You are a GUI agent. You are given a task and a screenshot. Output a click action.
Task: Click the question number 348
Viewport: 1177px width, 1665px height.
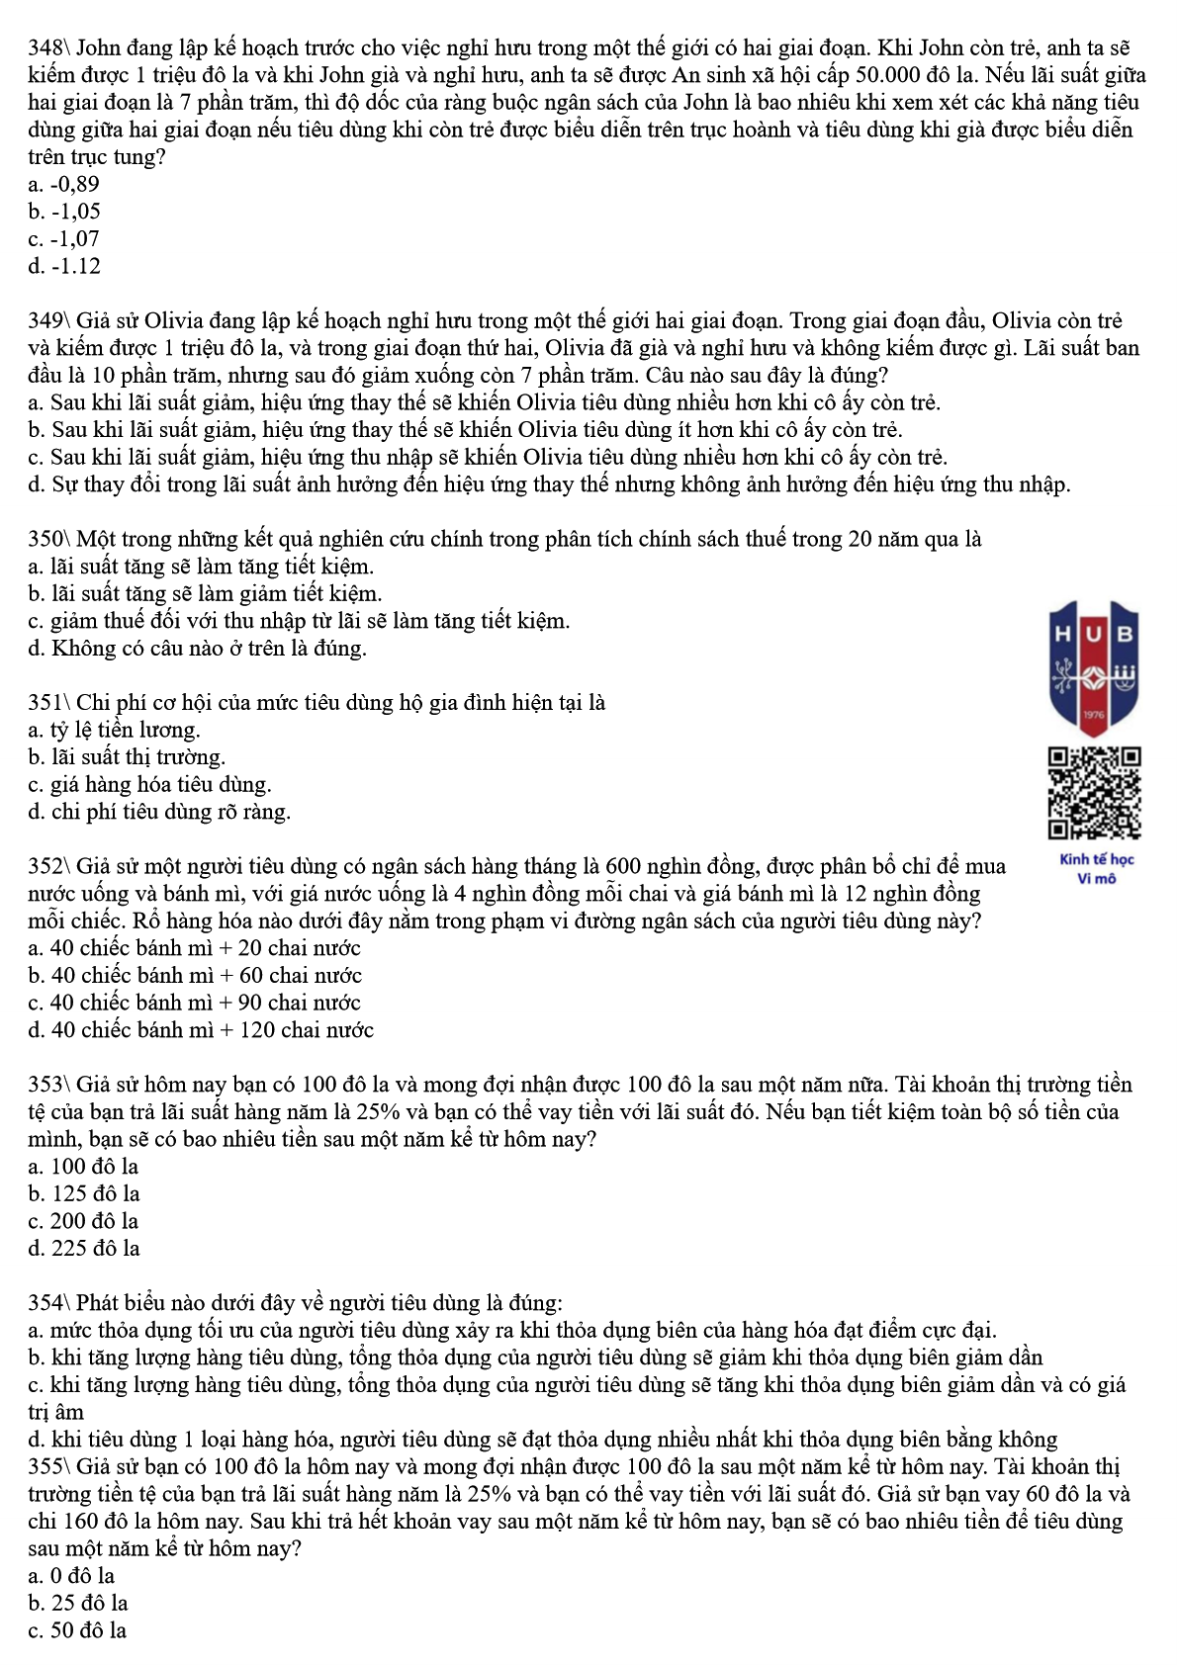[x=45, y=48]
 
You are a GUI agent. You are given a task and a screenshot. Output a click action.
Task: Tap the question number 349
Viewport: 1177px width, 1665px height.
[x=45, y=321]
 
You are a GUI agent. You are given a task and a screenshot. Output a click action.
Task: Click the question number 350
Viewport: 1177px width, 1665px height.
[x=45, y=540]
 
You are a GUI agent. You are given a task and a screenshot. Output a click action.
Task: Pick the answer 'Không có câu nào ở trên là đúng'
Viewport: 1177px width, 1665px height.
[x=198, y=649]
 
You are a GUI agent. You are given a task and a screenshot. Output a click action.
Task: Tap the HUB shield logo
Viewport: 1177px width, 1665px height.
[x=1094, y=667]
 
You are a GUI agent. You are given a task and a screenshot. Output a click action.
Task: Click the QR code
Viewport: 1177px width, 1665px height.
[x=1094, y=793]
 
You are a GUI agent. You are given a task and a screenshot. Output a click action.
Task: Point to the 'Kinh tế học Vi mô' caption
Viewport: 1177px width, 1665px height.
[x=1096, y=869]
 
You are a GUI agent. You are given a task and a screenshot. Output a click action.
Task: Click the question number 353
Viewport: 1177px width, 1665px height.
[x=45, y=1085]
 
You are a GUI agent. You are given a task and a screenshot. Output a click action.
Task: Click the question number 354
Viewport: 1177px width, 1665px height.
[x=45, y=1303]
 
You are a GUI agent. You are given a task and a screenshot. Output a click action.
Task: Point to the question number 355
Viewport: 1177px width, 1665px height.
[x=45, y=1466]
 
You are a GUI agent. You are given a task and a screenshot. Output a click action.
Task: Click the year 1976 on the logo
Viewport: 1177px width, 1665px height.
[x=1093, y=715]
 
